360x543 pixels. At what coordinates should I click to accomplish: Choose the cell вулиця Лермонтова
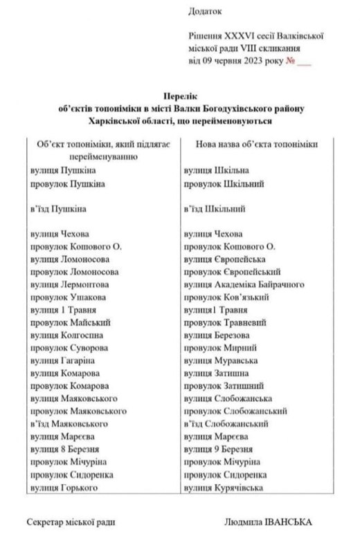click(70, 284)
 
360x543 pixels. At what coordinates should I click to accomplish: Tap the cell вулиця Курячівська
click(225, 488)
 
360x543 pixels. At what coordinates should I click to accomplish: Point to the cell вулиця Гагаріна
click(63, 361)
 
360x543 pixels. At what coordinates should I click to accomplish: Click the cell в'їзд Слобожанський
click(226, 424)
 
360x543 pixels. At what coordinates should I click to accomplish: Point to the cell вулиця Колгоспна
click(66, 335)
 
